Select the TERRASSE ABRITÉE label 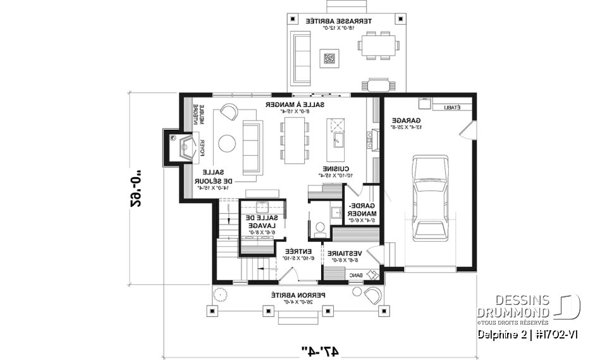click(340, 24)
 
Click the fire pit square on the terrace click(329, 59)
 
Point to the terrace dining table click(379, 46)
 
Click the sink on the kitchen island click(338, 139)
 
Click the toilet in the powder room click(319, 227)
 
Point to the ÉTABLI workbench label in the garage click(451, 108)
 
